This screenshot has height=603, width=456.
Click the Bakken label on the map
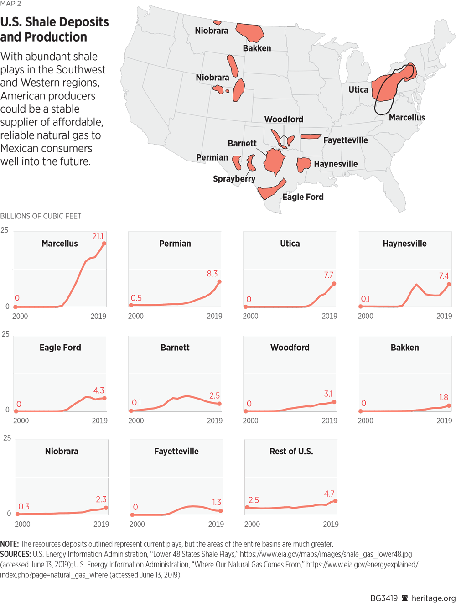(x=257, y=48)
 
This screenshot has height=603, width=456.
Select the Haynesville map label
(x=336, y=164)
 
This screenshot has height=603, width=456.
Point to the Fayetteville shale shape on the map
(x=311, y=136)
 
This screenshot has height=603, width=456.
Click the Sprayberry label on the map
(x=234, y=179)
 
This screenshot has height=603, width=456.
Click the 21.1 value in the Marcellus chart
(x=98, y=236)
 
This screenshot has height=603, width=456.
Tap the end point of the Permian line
(x=219, y=282)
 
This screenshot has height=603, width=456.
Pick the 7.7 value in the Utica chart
(x=328, y=275)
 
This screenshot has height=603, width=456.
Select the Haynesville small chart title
(x=404, y=244)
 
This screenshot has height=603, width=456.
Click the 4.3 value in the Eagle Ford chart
(x=98, y=390)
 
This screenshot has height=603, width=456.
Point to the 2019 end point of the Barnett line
(x=220, y=404)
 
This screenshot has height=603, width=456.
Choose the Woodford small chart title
(x=290, y=348)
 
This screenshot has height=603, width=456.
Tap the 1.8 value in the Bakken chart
(x=444, y=397)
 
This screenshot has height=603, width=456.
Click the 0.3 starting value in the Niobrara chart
(x=24, y=507)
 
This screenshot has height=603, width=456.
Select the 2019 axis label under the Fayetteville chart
(x=216, y=525)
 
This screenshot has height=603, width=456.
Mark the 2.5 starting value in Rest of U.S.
(x=254, y=500)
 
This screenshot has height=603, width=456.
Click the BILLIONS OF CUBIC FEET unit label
(x=41, y=216)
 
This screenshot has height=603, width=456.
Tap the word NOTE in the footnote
(x=9, y=544)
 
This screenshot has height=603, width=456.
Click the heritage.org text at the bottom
(x=433, y=598)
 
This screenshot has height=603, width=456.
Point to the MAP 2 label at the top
(x=10, y=4)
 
